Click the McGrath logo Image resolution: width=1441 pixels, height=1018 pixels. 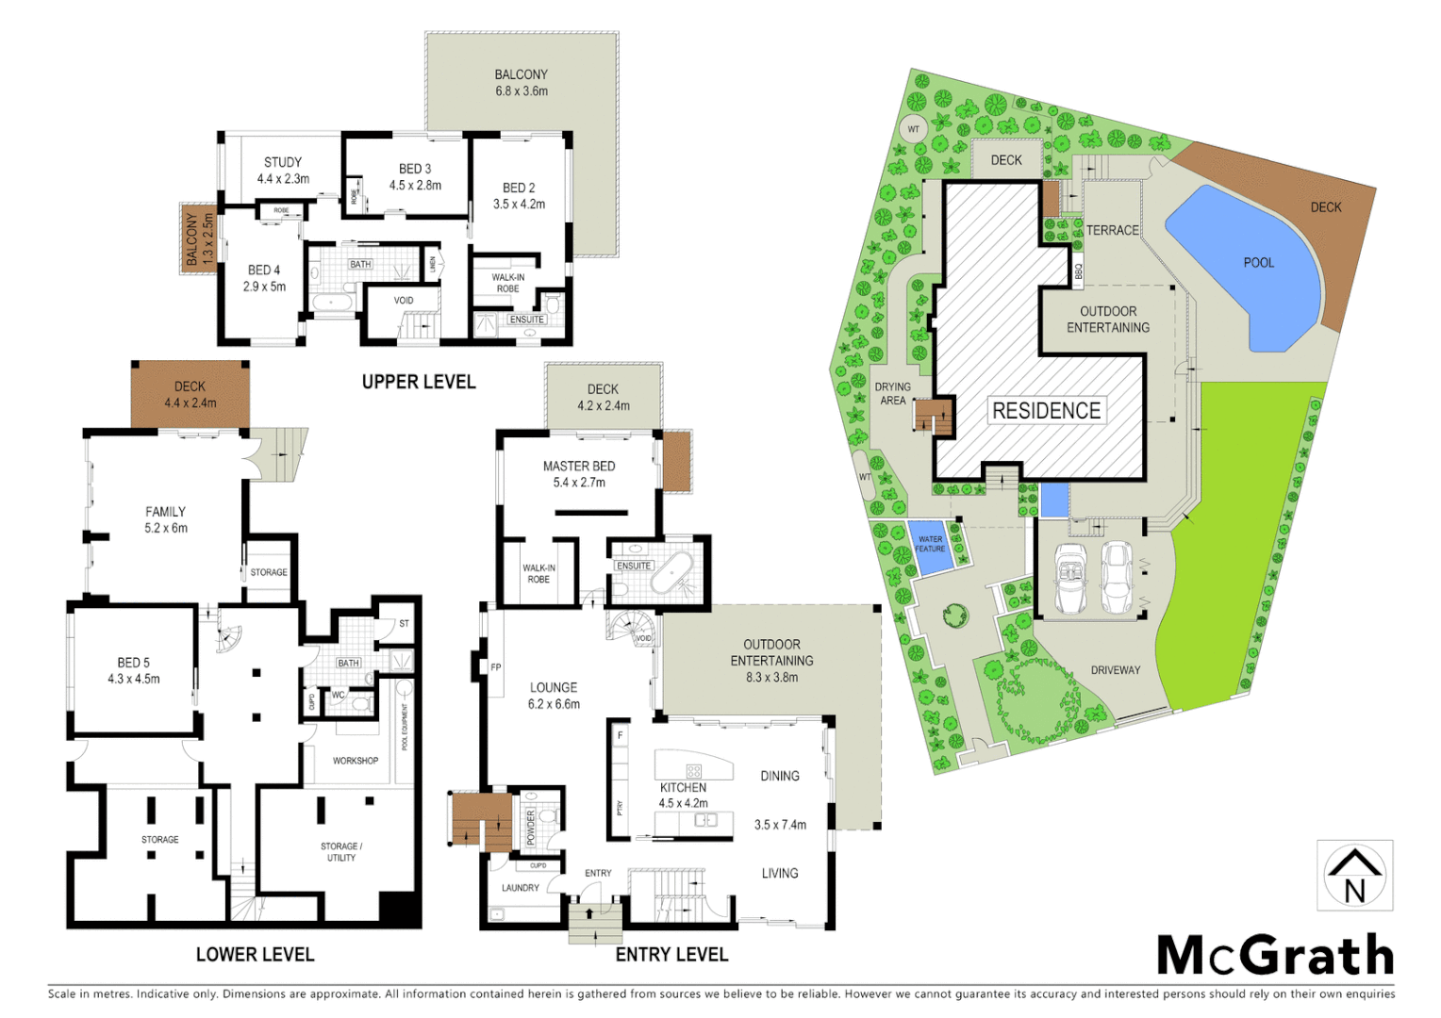click(x=1275, y=956)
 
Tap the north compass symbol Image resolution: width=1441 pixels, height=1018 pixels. click(x=1354, y=876)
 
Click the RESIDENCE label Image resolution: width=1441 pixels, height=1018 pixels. click(x=1046, y=411)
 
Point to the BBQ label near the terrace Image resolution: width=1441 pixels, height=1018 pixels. click(x=1079, y=271)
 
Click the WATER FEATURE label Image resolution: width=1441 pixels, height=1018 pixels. click(x=930, y=544)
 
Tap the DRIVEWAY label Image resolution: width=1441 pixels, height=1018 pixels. click(x=1116, y=670)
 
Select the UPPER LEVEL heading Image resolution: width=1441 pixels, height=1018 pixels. click(x=419, y=382)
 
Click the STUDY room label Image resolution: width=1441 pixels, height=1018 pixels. click(x=283, y=162)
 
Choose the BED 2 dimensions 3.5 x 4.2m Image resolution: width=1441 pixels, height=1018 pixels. click(x=519, y=204)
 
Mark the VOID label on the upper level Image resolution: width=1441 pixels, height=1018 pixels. click(x=404, y=301)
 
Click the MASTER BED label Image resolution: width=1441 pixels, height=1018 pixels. click(x=579, y=466)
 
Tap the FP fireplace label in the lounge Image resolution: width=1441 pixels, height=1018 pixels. click(x=496, y=667)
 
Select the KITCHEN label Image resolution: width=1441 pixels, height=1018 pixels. click(x=683, y=787)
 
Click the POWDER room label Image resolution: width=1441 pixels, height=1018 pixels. click(x=531, y=827)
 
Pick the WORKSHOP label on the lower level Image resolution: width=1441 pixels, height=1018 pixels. click(x=356, y=761)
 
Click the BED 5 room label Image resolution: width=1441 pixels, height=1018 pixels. click(x=133, y=663)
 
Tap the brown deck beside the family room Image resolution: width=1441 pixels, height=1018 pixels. click(x=190, y=394)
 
